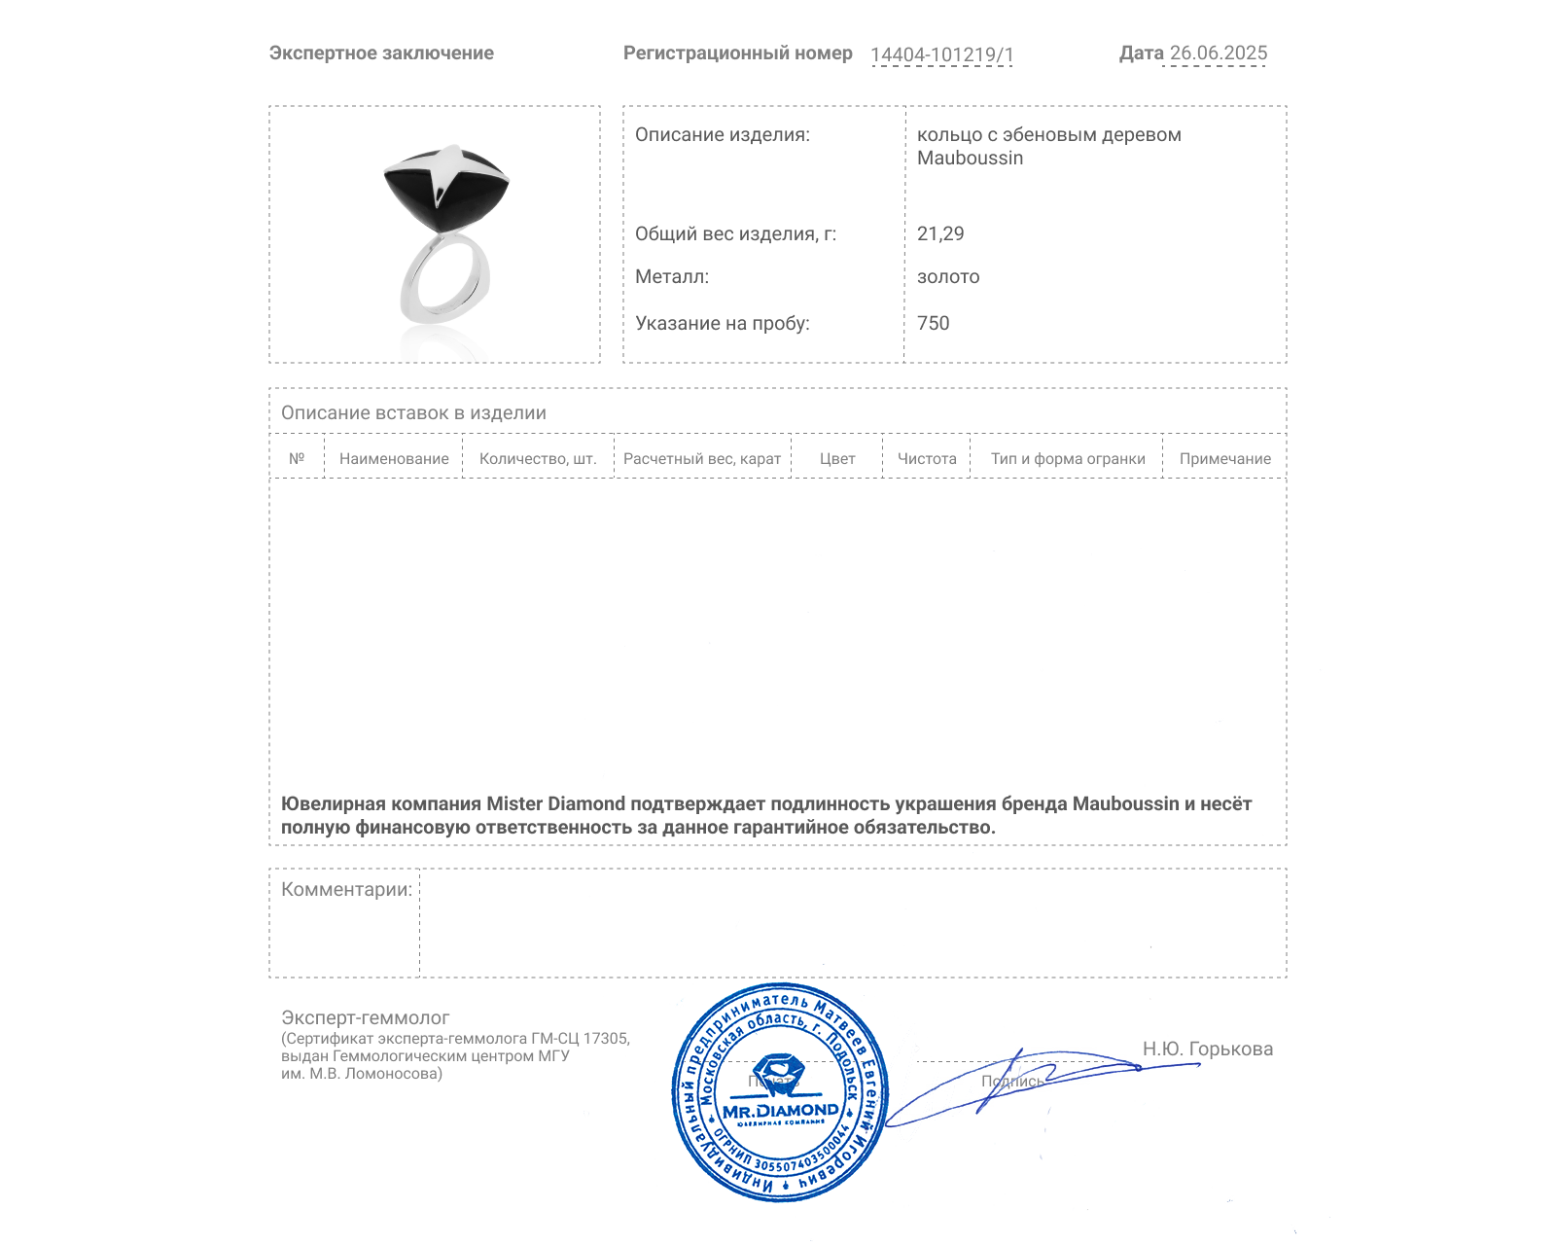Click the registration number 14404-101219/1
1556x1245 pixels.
[x=941, y=54]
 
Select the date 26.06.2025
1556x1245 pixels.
[x=1218, y=53]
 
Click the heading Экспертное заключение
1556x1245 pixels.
[x=381, y=53]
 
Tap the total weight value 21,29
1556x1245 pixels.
[x=940, y=233]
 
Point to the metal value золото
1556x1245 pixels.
[x=948, y=277]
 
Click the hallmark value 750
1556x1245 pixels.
[x=933, y=323]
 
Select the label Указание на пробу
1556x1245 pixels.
[x=722, y=323]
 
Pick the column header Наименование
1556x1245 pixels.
[x=394, y=459]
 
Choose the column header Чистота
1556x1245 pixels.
[x=927, y=459]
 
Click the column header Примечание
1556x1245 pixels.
[x=1224, y=459]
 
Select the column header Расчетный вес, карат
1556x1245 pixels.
[x=702, y=459]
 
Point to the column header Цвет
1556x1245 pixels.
[x=837, y=459]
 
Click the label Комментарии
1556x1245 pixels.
[x=346, y=889]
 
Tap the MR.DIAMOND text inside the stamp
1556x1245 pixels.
[x=780, y=1111]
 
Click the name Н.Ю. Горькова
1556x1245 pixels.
[x=1207, y=1049]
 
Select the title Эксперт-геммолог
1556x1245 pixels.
[x=365, y=1017]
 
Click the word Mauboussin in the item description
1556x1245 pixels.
[x=970, y=159]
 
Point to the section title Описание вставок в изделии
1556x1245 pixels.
[x=413, y=412]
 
